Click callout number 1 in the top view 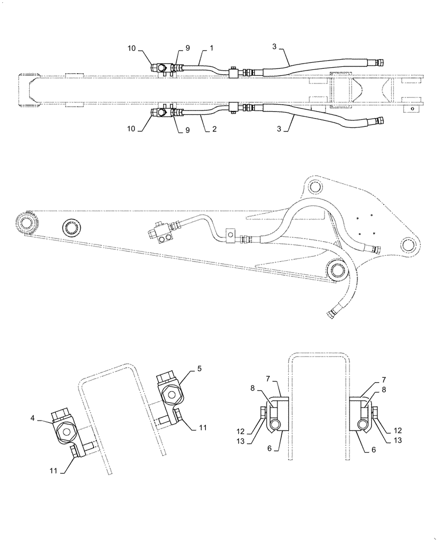pos(212,48)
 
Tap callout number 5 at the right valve pos(200,369)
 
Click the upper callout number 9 pos(187,48)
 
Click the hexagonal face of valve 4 pos(67,432)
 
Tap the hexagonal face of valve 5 pos(170,395)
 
